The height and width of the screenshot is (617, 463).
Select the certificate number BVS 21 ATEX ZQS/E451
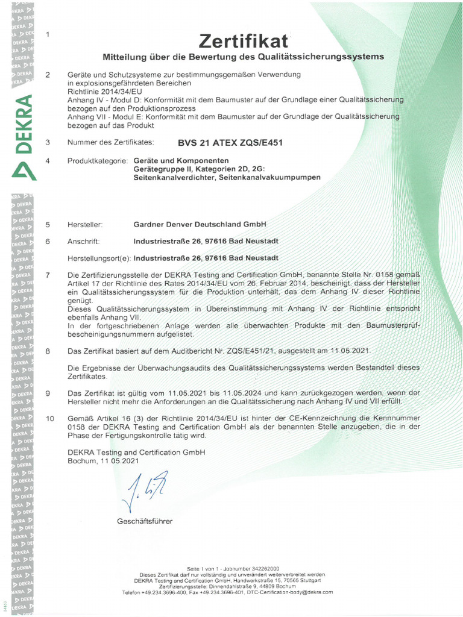[230, 143]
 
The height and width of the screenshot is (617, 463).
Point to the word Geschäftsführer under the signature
[145, 520]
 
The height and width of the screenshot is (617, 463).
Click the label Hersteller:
[86, 224]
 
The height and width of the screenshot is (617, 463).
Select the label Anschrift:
[85, 241]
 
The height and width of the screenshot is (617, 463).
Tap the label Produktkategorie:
[97, 161]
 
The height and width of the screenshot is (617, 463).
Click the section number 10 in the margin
[50, 418]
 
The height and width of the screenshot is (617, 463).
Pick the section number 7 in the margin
[48, 275]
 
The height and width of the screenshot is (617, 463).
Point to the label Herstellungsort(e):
[99, 258]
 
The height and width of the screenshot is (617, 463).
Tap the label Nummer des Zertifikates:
[111, 143]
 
